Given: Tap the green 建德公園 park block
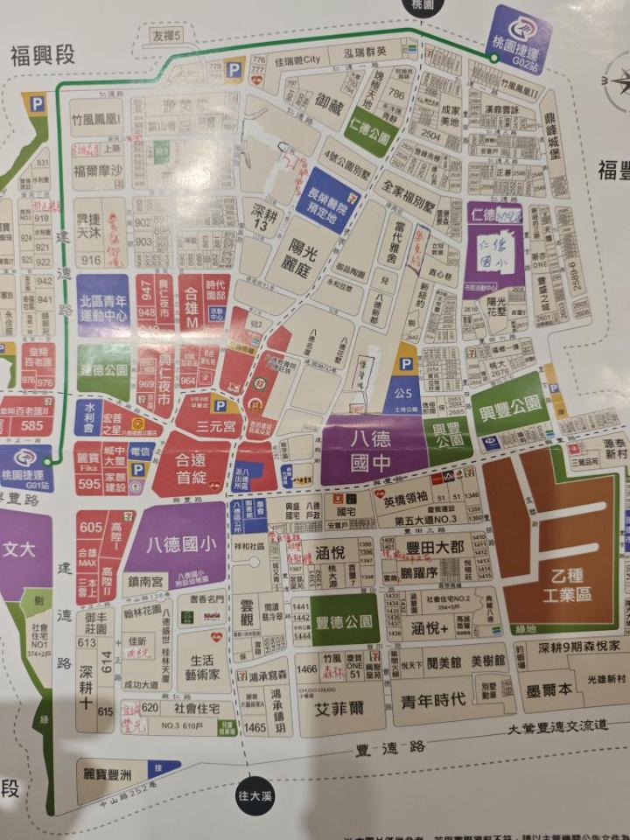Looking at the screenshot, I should pos(103,367).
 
